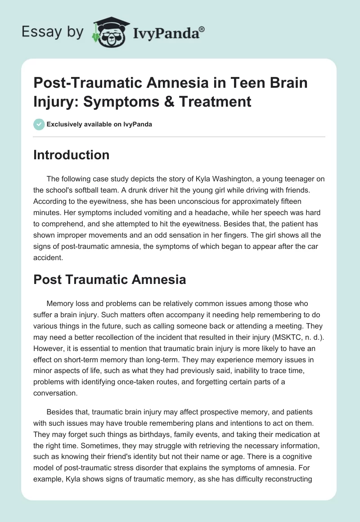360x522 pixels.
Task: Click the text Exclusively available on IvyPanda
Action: point(99,124)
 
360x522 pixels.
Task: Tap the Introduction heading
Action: point(72,155)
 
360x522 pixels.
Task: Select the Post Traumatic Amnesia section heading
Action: point(110,279)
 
